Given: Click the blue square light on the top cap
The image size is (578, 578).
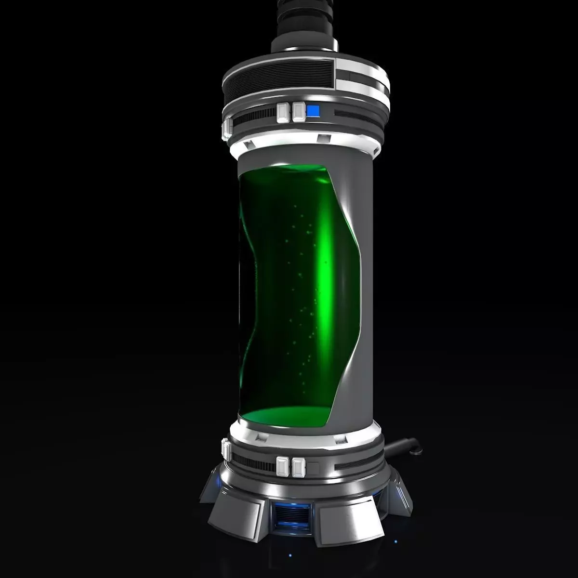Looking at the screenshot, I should (313, 112).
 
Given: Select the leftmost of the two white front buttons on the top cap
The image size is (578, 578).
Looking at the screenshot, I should (282, 112).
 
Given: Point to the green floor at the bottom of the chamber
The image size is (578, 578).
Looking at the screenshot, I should (284, 417).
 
